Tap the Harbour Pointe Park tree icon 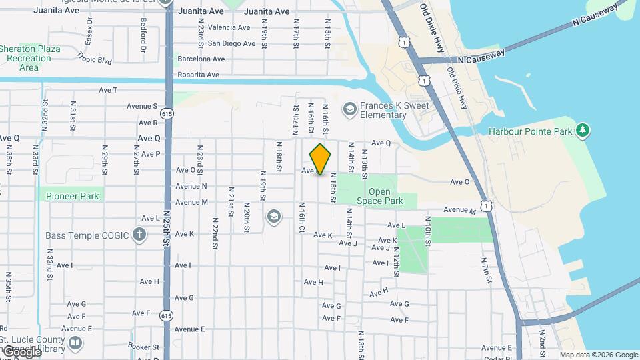(x=583, y=129)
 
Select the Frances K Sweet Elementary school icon (x=349, y=109)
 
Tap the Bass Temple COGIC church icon (x=139, y=235)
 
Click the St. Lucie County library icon (x=75, y=344)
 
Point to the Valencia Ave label (x=229, y=27)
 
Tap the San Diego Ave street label (x=231, y=43)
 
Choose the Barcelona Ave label (x=201, y=59)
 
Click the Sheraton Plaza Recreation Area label (x=29, y=58)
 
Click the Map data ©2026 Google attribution (x=598, y=355)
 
